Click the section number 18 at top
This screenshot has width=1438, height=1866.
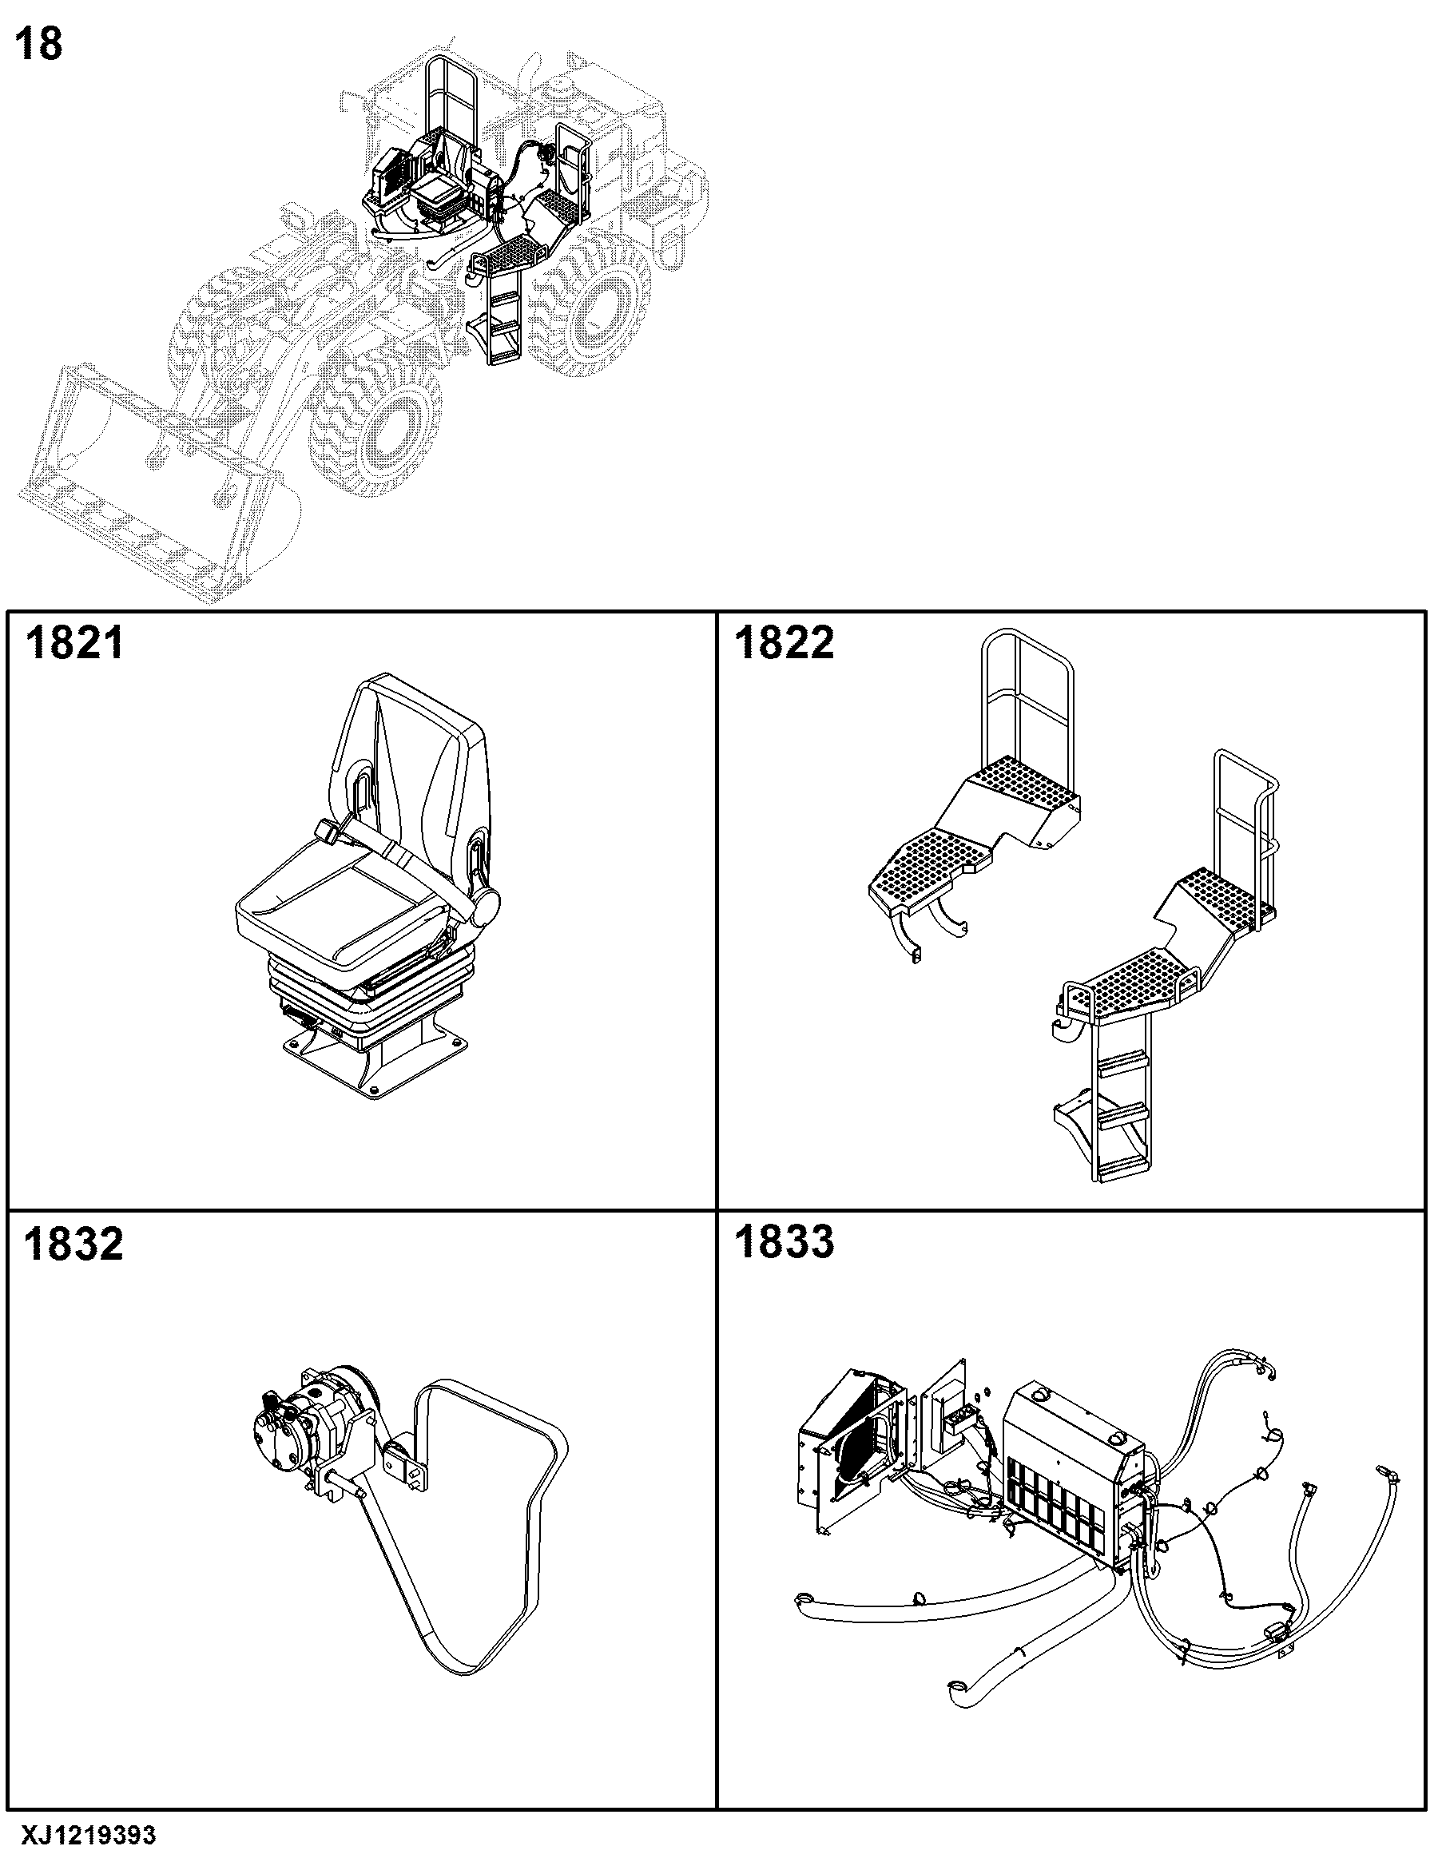tap(39, 44)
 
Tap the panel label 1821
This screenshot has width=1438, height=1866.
tap(74, 642)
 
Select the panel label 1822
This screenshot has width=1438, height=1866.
tap(785, 642)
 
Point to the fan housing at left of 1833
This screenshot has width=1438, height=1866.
tap(851, 1452)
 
